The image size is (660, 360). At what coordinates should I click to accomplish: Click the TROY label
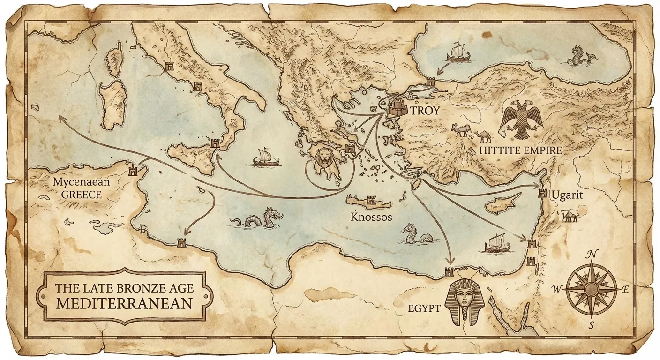(425, 111)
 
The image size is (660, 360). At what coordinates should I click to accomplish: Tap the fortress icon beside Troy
(397, 109)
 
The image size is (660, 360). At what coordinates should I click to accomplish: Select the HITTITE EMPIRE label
(520, 150)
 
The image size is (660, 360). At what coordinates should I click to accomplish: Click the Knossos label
(372, 217)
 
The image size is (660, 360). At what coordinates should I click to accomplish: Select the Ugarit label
(567, 195)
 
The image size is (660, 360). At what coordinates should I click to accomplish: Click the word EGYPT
(424, 308)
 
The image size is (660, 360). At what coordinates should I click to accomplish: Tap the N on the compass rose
(592, 255)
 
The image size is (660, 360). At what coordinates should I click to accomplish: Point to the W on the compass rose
(557, 290)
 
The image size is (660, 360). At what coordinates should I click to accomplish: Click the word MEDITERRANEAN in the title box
(124, 303)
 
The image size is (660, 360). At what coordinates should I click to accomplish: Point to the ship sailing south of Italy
(266, 157)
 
